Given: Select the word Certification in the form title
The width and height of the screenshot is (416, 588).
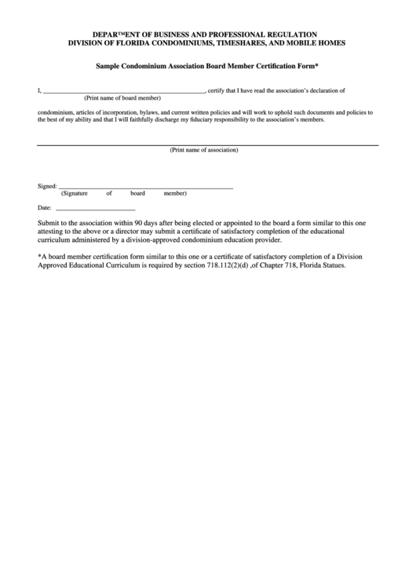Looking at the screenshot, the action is (265, 68).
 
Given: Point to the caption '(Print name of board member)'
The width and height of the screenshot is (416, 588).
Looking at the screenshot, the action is (122, 98).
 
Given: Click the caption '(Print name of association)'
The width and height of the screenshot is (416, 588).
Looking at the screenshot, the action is (204, 150).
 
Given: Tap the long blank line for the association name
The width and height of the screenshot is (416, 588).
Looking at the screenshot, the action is (208, 144).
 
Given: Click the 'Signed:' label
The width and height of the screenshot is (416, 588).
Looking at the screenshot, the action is (47, 187).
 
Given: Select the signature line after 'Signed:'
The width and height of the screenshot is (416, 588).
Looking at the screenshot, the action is (146, 188).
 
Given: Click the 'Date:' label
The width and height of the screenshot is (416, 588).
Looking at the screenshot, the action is (45, 208).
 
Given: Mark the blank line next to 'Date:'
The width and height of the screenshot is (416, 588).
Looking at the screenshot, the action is (96, 210).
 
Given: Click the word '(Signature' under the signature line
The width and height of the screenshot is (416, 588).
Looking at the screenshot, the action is (75, 193).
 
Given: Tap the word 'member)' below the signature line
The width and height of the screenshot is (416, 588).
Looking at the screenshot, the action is (175, 193).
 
